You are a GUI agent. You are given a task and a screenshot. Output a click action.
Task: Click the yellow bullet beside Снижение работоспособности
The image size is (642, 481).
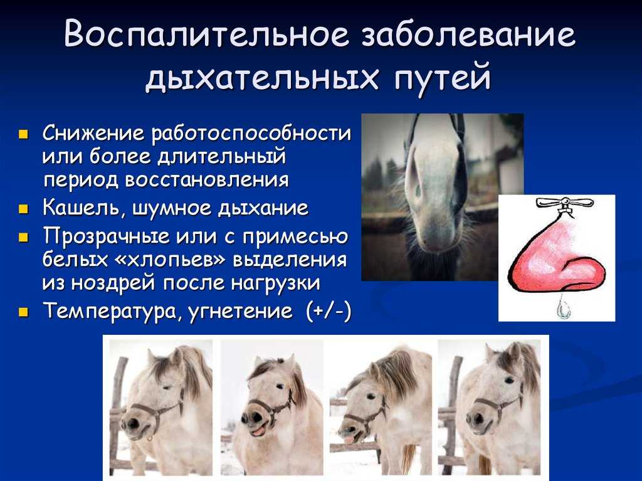tap(24, 134)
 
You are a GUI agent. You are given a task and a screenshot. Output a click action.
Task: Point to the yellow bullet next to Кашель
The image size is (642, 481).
tap(24, 209)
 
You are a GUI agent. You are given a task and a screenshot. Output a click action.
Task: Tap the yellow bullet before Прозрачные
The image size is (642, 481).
tap(24, 237)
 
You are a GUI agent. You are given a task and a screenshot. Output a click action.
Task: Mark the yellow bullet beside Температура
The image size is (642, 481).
tap(24, 312)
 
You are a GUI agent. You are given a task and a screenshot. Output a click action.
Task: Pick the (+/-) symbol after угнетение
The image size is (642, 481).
tap(328, 312)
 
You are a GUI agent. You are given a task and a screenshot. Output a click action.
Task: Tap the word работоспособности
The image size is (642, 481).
tap(251, 134)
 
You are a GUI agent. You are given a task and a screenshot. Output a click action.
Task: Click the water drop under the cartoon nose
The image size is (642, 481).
tap(565, 309)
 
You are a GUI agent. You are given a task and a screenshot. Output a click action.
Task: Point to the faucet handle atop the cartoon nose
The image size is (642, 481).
tap(564, 203)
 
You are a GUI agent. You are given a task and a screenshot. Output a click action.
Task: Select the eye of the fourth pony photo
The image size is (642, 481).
tap(509, 381)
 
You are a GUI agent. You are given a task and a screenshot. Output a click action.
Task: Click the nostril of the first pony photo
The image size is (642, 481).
tap(133, 424)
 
